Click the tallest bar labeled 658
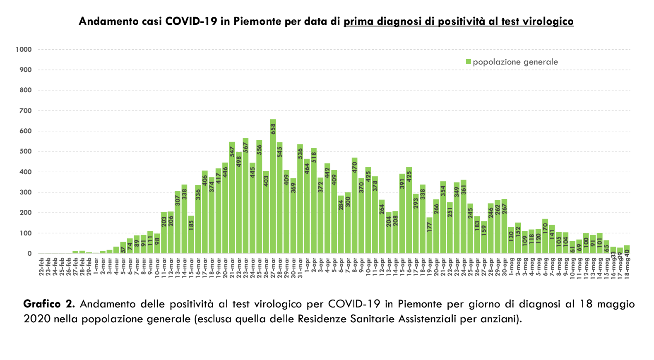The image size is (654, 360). [273, 186]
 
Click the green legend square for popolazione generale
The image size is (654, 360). [469, 62]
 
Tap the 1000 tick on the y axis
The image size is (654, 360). [24, 50]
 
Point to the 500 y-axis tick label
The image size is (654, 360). [26, 151]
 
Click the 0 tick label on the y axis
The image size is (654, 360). [29, 254]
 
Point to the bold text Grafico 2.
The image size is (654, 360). [49, 304]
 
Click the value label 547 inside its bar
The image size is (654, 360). [232, 152]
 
